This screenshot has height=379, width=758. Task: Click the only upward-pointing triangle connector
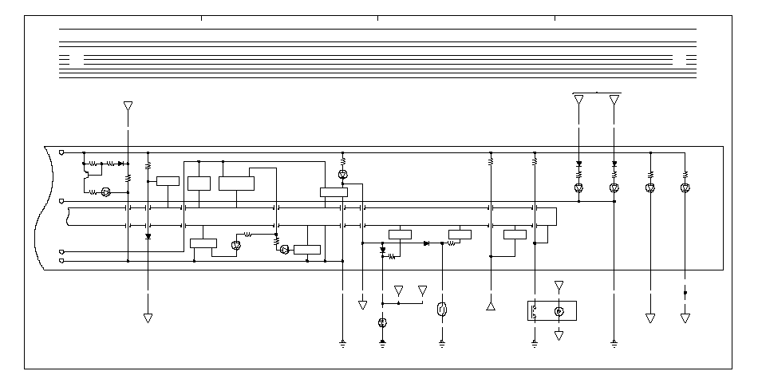coord(491,306)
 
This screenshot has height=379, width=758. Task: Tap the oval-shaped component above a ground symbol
coord(442,310)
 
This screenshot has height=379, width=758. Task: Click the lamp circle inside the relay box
coord(559,311)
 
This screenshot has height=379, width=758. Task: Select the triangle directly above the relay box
coord(559,285)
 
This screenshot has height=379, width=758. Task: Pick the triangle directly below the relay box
coord(559,336)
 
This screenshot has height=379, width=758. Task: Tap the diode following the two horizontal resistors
coord(120,163)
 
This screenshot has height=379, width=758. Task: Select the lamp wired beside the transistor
coord(105,192)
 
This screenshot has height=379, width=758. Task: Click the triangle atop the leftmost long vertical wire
coord(128,105)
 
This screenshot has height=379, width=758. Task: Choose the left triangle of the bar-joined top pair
coord(578,100)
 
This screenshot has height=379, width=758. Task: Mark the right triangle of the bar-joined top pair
coord(614,100)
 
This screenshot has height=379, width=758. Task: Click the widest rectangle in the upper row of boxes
coord(236,184)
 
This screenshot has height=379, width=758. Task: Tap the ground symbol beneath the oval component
coord(442,344)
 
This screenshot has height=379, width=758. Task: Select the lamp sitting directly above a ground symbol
coord(382,322)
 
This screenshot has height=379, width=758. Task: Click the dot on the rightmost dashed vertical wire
coord(685,293)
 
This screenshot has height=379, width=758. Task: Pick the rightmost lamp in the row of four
coord(685,188)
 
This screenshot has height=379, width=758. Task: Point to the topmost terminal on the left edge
coord(62,152)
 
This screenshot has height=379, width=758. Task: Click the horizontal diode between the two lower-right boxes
coord(427,243)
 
